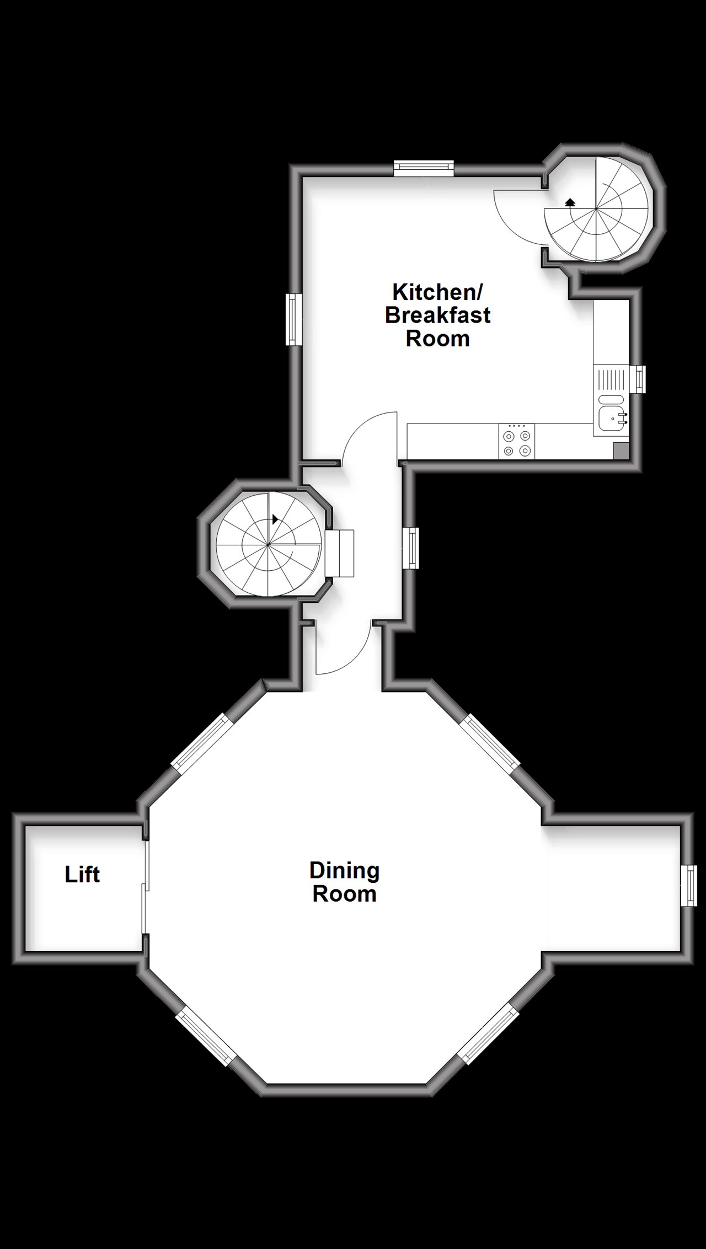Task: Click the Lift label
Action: tap(82, 875)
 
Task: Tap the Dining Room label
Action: tap(344, 882)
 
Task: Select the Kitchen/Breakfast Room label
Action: tap(437, 315)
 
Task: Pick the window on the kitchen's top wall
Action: tap(424, 168)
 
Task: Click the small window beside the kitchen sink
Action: tap(639, 379)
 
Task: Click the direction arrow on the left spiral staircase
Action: tap(275, 519)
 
